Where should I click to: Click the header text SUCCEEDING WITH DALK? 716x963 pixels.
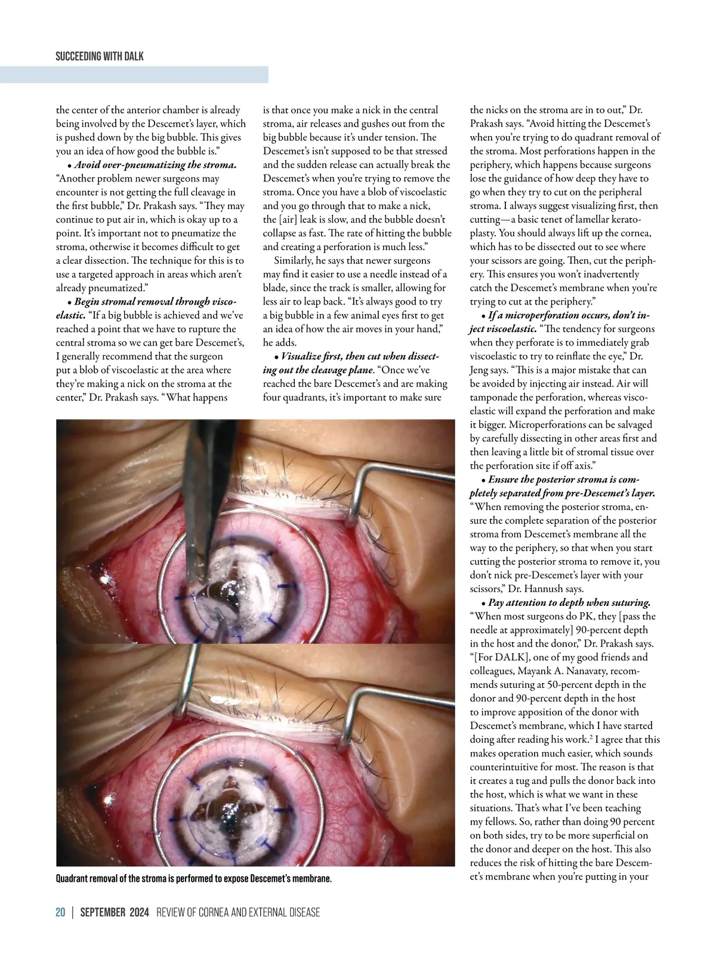coord(100,57)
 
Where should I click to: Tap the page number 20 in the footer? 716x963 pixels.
coord(60,912)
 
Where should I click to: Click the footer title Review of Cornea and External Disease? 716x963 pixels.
coord(237,912)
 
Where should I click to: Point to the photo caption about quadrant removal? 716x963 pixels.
coord(193,879)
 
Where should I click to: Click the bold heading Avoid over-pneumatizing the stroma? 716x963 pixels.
coord(155,165)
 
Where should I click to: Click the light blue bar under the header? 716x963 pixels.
coord(134,75)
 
